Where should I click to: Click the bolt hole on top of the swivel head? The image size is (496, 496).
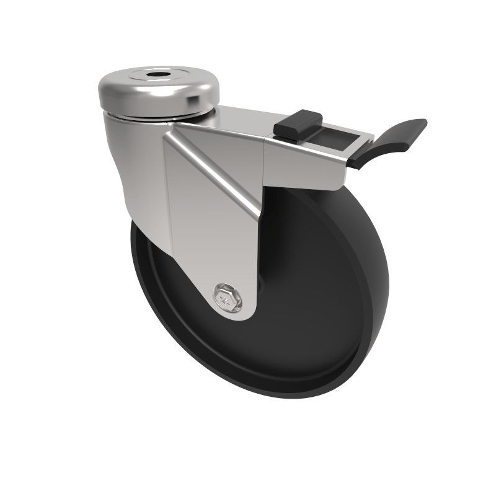(x=153, y=77)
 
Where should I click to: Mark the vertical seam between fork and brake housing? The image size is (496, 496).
(x=265, y=161)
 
